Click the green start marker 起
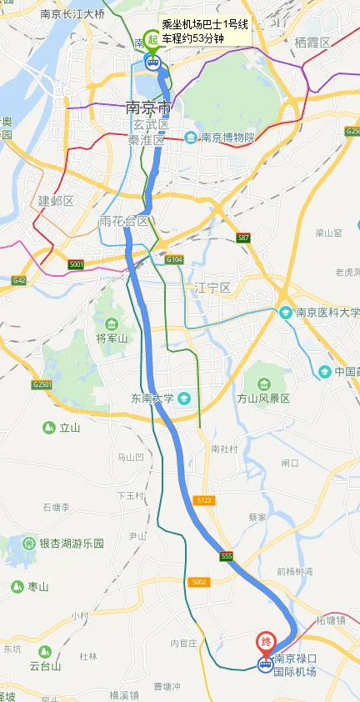pos(152,39)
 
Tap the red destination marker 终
pos(266,642)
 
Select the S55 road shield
pos(226,556)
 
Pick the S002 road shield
pos(197,581)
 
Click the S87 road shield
pos(242,238)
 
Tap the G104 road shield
pos(173,261)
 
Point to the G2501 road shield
pos(42,384)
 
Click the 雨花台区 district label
pos(123,221)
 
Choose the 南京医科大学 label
pos(327,313)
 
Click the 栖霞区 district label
pos(312,42)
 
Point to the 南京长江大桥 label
pos(73,13)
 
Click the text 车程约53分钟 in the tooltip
pos(193,38)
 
